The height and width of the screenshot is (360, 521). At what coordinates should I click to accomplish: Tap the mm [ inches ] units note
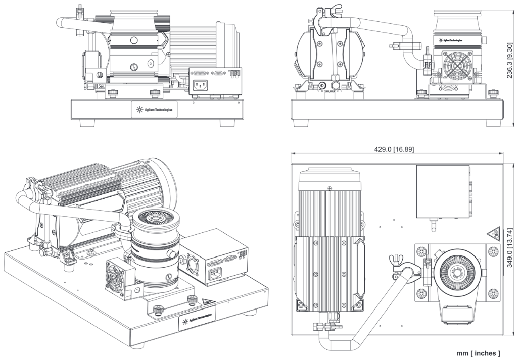479,353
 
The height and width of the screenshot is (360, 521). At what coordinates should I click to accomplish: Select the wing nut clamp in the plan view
396,264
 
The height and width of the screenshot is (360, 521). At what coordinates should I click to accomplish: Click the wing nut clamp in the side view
322,15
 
